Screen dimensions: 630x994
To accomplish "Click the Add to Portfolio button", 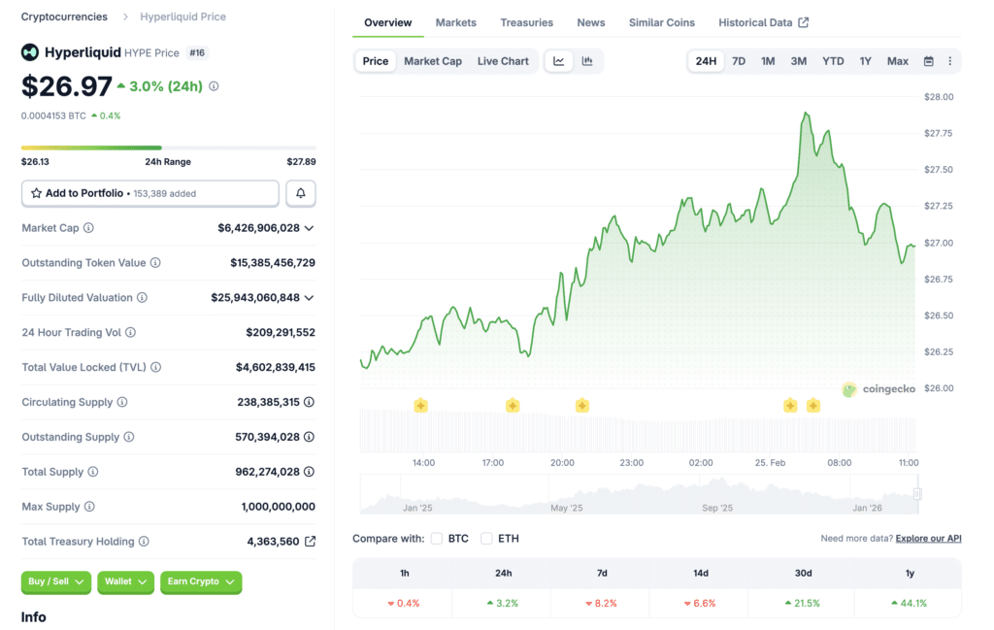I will click(149, 193).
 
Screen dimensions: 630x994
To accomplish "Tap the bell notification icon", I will click(300, 193).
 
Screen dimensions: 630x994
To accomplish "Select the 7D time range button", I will click(739, 61).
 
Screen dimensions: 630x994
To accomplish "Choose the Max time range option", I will click(898, 61).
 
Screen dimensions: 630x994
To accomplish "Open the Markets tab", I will click(455, 22).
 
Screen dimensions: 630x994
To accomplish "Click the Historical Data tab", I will click(763, 22).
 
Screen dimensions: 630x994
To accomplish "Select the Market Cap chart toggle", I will click(433, 61).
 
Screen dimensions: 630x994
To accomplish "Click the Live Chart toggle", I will click(503, 61).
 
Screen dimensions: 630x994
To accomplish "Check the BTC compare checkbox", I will click(437, 539).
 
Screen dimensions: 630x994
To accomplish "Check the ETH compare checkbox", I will click(487, 539).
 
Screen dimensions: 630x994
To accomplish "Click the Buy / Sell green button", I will click(55, 581).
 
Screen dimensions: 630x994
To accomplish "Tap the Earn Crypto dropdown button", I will click(199, 581).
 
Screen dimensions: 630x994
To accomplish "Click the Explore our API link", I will click(928, 539).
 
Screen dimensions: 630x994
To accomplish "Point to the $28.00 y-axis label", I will click(938, 97).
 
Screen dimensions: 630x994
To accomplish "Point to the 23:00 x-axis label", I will click(631, 463).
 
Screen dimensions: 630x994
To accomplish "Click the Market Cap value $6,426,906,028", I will click(258, 228).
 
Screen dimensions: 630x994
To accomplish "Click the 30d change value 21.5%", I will click(803, 603).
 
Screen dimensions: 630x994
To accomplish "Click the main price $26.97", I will click(66, 86).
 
